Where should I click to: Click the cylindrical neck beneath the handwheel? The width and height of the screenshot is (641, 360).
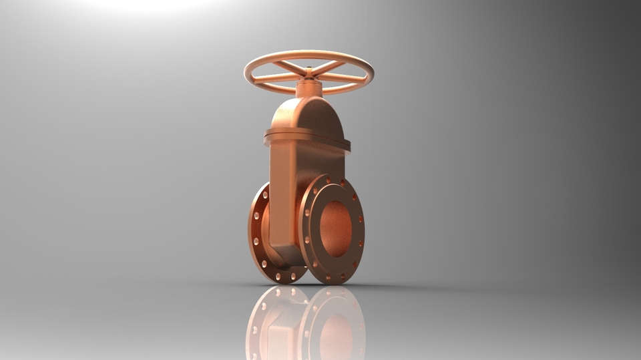pos(309,89)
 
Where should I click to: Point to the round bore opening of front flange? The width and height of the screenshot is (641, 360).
pos(335,228)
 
